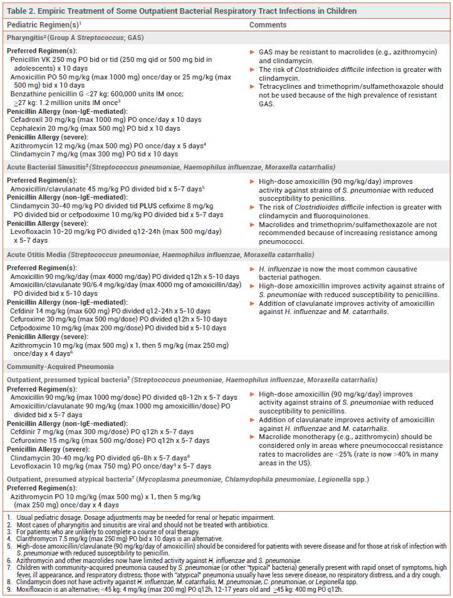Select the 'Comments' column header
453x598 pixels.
268,24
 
